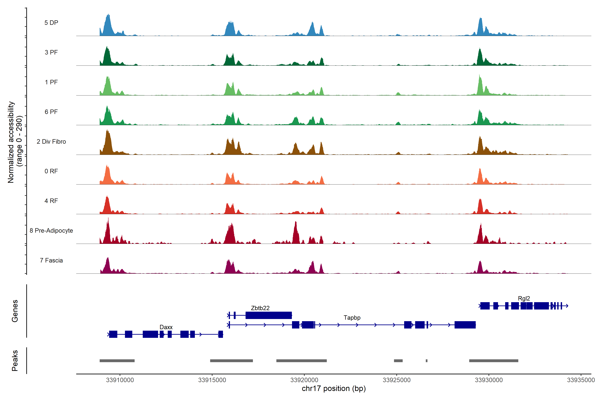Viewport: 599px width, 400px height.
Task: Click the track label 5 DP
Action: pyautogui.click(x=51, y=23)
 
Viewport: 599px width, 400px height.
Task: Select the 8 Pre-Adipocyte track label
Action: pyautogui.click(x=51, y=231)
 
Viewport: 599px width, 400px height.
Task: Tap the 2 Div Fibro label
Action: pyautogui.click(x=51, y=141)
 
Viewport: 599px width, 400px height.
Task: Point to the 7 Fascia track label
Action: pyautogui.click(x=51, y=260)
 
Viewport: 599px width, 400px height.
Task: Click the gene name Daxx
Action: pyautogui.click(x=166, y=327)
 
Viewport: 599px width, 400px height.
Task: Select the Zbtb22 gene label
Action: pyautogui.click(x=260, y=308)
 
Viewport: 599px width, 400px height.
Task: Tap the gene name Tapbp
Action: pyautogui.click(x=352, y=318)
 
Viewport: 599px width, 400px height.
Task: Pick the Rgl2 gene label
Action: pyautogui.click(x=524, y=298)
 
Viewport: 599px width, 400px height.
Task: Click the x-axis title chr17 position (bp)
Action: pyautogui.click(x=334, y=388)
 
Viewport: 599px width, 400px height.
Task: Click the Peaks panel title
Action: pyautogui.click(x=15, y=360)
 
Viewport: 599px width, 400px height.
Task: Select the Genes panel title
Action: pyautogui.click(x=15, y=311)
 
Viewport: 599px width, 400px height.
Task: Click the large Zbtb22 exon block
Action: pyautogui.click(x=269, y=315)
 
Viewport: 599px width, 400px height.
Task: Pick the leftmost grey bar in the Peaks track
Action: pyautogui.click(x=117, y=361)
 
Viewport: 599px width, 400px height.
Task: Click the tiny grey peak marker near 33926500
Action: pyautogui.click(x=427, y=361)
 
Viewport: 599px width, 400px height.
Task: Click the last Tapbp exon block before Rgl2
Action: pyautogui.click(x=465, y=325)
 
